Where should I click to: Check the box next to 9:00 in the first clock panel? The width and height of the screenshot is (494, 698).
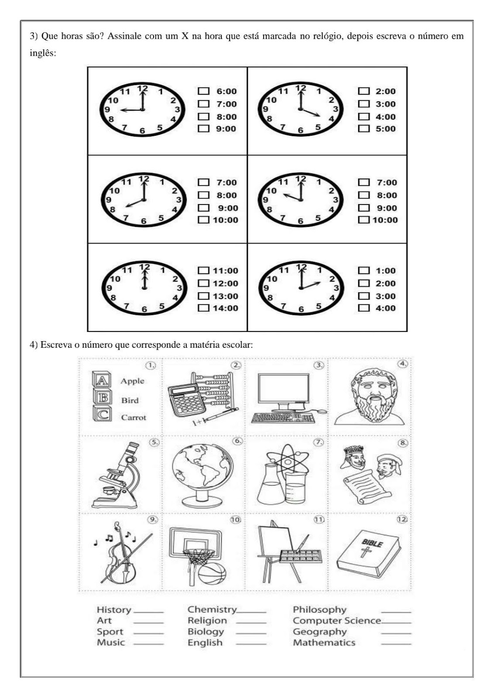(x=203, y=129)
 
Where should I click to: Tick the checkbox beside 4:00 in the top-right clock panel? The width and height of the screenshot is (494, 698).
(x=364, y=116)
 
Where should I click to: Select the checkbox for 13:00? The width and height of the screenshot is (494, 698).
(x=203, y=296)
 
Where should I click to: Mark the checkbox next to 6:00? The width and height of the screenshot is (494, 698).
(x=203, y=91)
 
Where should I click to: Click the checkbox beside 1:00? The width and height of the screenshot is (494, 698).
(x=364, y=270)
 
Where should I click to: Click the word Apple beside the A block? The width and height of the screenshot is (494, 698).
(x=132, y=381)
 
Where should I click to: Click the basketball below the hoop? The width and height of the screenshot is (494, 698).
(x=212, y=573)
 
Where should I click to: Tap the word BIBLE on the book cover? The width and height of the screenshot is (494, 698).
(x=372, y=543)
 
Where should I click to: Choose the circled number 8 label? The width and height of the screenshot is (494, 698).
(x=403, y=443)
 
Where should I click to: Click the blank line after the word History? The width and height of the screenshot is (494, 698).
(x=148, y=612)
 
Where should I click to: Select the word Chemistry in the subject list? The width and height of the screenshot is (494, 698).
(x=212, y=609)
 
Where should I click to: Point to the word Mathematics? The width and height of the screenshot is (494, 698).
(x=324, y=643)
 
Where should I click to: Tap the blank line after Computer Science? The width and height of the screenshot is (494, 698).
(x=396, y=623)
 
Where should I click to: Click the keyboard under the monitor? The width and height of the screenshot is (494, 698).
(x=283, y=418)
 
